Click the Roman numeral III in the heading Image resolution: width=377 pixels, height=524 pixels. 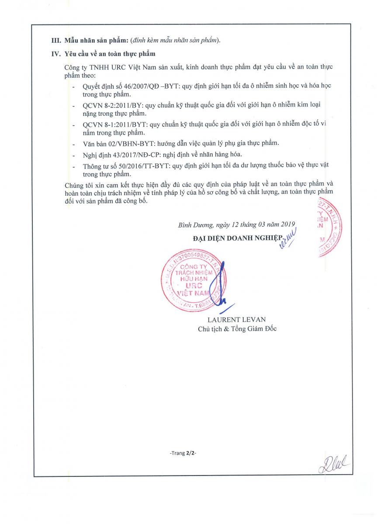point(56,41)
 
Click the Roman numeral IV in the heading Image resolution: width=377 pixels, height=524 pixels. point(56,54)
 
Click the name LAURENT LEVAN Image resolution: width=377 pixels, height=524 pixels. point(236,319)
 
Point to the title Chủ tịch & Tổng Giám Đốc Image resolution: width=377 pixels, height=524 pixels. point(237,329)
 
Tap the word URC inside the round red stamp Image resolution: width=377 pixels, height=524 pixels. point(192,286)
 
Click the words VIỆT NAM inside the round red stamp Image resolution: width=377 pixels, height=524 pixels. point(193,294)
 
